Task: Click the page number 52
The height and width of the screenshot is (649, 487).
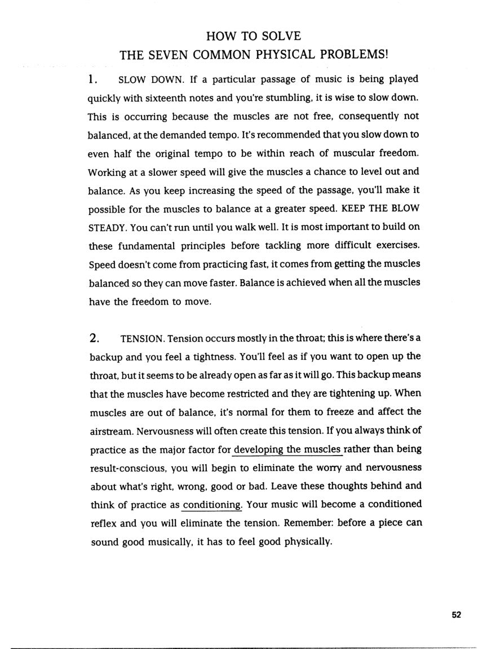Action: pyautogui.click(x=457, y=615)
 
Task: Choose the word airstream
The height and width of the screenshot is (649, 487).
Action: pyautogui.click(x=109, y=431)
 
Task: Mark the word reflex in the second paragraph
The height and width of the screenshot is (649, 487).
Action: pyautogui.click(x=103, y=523)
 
